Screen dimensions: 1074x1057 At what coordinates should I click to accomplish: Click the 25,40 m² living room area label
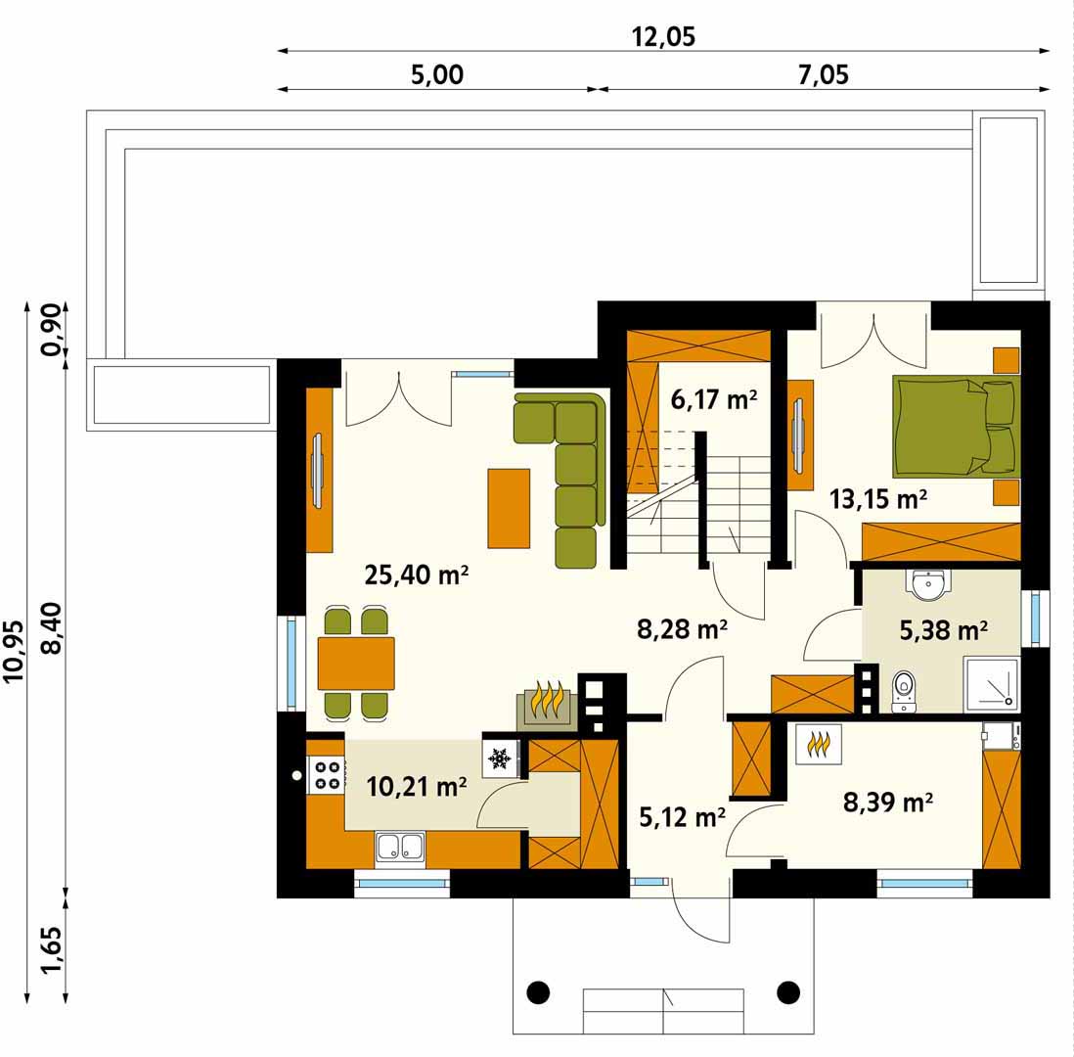(x=417, y=574)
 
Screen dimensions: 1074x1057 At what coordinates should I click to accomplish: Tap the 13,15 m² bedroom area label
(x=878, y=499)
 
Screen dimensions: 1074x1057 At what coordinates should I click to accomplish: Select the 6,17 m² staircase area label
(x=714, y=398)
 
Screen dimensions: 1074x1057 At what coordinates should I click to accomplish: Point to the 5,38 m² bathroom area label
(x=943, y=629)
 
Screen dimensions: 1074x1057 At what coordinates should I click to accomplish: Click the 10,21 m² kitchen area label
(x=417, y=786)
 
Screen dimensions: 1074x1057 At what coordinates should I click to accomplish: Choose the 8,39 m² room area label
(x=888, y=801)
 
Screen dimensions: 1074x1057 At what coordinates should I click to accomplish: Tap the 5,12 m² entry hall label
(x=682, y=816)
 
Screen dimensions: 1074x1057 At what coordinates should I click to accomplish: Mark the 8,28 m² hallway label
(x=682, y=628)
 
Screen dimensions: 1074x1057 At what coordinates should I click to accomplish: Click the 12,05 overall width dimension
(x=663, y=36)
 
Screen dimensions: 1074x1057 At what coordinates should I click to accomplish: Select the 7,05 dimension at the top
(x=824, y=74)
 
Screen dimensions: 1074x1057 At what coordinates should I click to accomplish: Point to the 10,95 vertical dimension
(x=14, y=651)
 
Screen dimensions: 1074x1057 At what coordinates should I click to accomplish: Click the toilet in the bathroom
(x=904, y=691)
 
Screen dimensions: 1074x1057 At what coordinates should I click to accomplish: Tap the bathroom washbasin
(x=930, y=584)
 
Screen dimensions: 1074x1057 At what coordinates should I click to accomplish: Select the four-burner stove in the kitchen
(x=326, y=774)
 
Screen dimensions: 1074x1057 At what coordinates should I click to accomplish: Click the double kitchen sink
(x=400, y=846)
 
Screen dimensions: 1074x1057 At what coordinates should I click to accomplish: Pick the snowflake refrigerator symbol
(x=499, y=758)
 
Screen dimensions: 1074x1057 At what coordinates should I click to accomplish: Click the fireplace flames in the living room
(x=548, y=699)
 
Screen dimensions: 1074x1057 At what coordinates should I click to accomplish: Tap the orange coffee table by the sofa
(x=509, y=508)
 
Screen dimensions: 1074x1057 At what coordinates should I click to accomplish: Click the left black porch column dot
(x=538, y=991)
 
